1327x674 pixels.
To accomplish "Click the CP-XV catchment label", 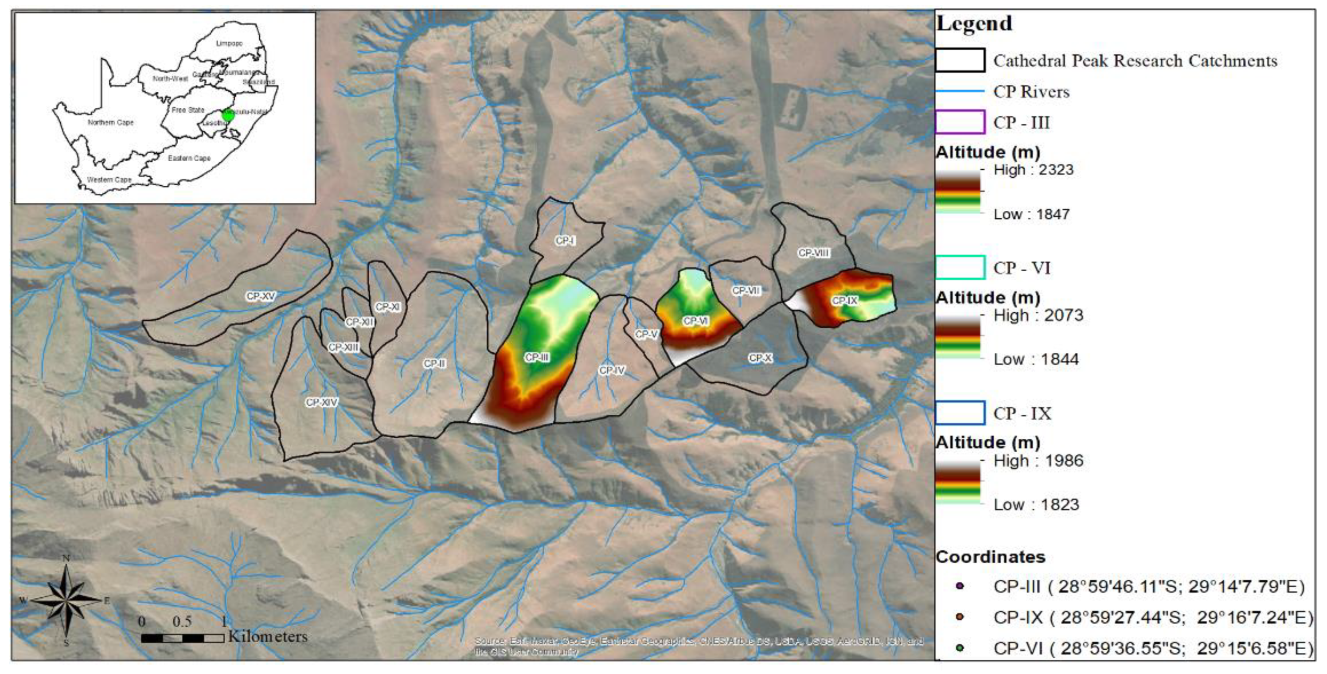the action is click(x=261, y=296).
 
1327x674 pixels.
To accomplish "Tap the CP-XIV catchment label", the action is click(x=321, y=402).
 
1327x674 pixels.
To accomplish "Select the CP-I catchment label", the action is click(x=565, y=241).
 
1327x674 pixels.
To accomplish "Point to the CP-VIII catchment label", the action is click(x=813, y=253).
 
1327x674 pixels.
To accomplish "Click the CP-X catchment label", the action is click(x=761, y=358).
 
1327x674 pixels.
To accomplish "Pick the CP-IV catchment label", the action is click(x=612, y=370).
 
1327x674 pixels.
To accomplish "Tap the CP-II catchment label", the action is click(x=434, y=363).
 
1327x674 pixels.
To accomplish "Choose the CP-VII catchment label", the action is click(x=746, y=290).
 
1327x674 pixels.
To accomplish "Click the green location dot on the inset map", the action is click(x=227, y=115).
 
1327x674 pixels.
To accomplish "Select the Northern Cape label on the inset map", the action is click(x=110, y=123).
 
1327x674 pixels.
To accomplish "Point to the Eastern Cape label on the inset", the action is click(x=189, y=158).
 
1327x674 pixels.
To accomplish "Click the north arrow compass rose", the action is click(x=66, y=600).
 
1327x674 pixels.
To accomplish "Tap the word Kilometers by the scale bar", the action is click(x=268, y=636).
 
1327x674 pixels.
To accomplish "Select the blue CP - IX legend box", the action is click(x=960, y=413).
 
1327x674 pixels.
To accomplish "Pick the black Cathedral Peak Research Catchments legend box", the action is click(x=960, y=60).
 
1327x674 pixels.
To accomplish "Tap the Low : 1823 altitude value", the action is click(x=1036, y=505).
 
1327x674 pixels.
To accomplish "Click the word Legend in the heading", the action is click(x=974, y=23).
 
